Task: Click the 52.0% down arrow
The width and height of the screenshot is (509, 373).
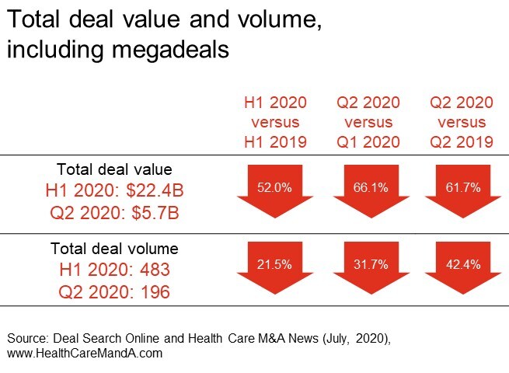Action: point(275,191)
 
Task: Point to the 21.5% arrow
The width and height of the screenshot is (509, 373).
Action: point(275,269)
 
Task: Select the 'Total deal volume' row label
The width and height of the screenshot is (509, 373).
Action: point(114,249)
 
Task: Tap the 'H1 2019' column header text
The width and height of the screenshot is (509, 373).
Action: point(275,141)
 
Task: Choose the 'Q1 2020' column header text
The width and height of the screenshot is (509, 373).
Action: point(368,141)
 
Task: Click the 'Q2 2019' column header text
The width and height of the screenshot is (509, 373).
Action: point(462,141)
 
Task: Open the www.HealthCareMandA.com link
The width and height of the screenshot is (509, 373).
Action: point(84,353)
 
